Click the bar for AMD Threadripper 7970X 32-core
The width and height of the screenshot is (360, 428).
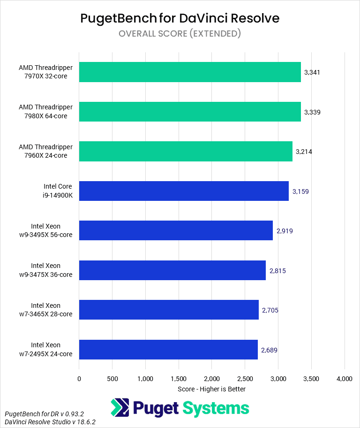coord(190,72)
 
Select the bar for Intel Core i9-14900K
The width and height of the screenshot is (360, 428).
coord(184,191)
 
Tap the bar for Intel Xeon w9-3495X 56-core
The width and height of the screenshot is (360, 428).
coord(176,230)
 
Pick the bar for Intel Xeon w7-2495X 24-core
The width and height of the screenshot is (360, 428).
coord(168,349)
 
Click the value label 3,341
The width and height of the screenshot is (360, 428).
coord(312,72)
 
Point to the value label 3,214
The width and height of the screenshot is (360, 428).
coord(304,152)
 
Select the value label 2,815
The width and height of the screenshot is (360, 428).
coord(277,271)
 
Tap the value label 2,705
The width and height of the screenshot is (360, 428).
coord(270,310)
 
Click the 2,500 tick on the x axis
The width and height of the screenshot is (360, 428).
coord(245,378)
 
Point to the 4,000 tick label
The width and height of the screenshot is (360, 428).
coord(345,378)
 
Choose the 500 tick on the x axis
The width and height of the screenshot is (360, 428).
coord(112,378)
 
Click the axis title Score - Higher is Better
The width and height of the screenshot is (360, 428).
coord(212,389)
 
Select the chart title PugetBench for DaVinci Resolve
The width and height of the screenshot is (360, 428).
coord(180,18)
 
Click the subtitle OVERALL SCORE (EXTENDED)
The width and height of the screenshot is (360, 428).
coord(180,33)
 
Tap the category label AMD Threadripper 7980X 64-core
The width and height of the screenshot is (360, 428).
coord(46,112)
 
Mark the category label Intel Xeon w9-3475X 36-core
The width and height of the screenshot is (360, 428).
coord(52,270)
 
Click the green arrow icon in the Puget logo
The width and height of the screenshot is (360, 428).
coord(120,408)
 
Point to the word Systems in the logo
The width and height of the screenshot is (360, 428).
coord(216,408)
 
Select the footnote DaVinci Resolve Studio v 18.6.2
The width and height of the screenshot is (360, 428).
coord(50,422)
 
